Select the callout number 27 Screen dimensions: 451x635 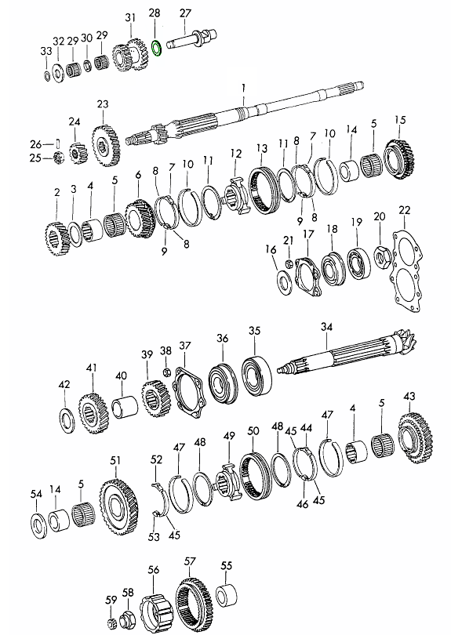185,13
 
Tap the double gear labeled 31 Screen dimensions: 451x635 129,55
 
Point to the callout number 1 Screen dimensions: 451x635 243,88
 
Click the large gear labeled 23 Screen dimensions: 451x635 106,146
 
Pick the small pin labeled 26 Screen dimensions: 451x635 59,143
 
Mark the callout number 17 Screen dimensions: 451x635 308,234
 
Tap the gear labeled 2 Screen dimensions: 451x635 57,238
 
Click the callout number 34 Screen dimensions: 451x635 326,327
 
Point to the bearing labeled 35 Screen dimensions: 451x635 257,376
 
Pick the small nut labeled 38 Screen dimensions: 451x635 165,372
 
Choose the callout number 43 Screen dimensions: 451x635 409,396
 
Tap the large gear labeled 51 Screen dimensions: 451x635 120,506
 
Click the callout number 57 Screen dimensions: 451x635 190,561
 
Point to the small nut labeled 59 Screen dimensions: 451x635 111,622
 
